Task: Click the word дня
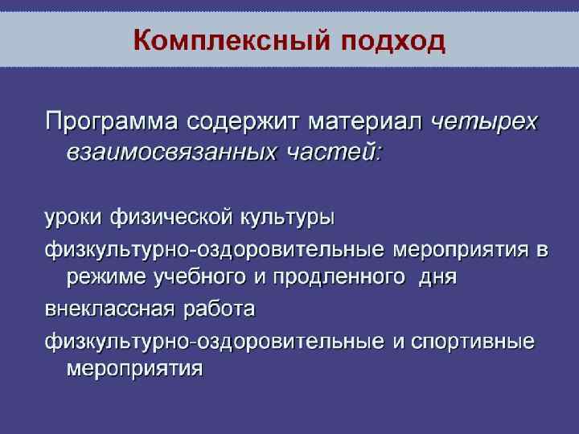click(x=439, y=278)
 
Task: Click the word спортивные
click(x=474, y=342)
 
